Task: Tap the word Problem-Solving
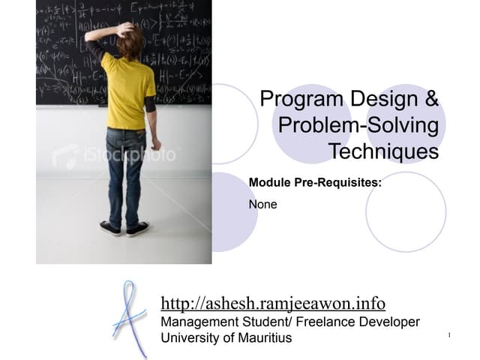(358, 125)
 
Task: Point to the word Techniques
(383, 151)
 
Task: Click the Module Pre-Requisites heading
(315, 182)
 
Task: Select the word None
(262, 204)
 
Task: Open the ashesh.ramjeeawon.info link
(273, 304)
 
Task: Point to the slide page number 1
(448, 334)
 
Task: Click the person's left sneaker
(110, 229)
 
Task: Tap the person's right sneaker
(137, 229)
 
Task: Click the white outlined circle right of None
(406, 211)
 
